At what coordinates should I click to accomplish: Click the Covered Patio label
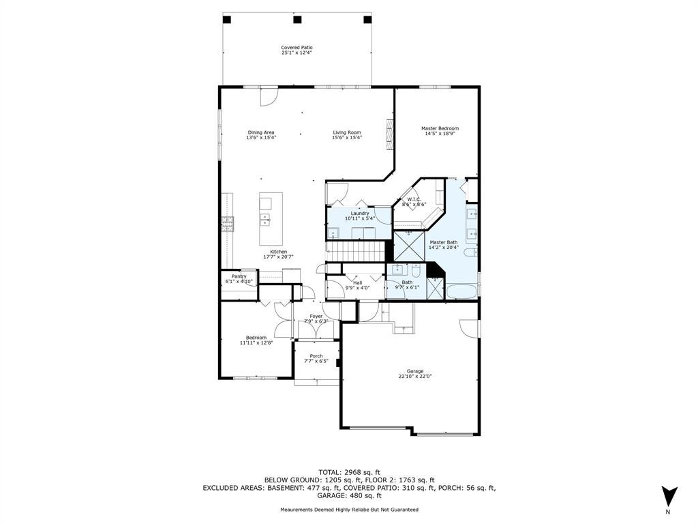click(297, 48)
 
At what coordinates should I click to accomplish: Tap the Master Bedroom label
click(440, 128)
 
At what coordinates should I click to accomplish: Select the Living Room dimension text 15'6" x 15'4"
click(347, 138)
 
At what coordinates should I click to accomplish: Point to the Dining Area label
click(261, 132)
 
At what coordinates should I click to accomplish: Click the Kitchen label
click(279, 252)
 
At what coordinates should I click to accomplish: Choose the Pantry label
click(239, 276)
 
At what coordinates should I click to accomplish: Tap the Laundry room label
click(360, 214)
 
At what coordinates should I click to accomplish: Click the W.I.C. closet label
click(414, 199)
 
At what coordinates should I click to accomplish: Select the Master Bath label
click(443, 242)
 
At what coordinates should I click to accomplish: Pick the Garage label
click(415, 371)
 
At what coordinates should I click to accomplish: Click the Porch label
click(316, 356)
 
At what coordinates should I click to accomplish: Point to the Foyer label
click(316, 317)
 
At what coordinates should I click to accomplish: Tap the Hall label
click(357, 283)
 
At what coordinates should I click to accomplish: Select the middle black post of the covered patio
click(297, 19)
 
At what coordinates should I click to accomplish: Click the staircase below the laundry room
click(356, 251)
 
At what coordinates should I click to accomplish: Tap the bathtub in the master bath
click(461, 292)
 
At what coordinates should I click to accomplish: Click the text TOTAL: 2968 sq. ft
click(349, 472)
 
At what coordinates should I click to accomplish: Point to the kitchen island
click(271, 219)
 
